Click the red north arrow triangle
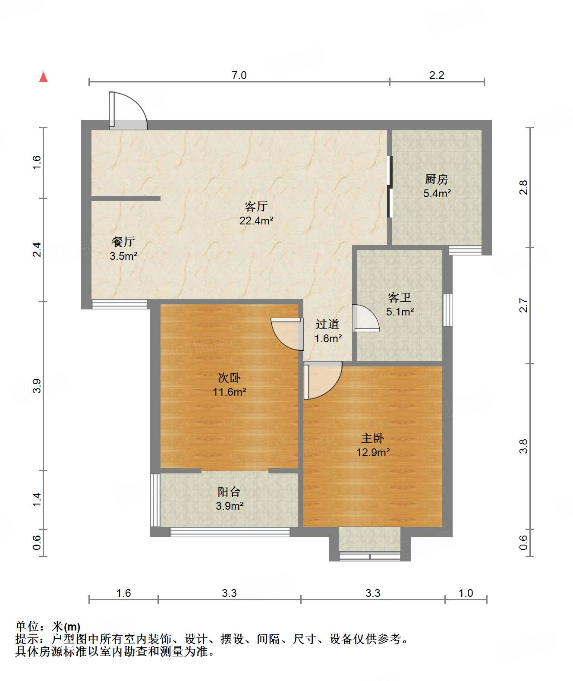point(43,77)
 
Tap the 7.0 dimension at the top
point(239,75)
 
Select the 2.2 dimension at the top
point(436,75)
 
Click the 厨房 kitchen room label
point(436,179)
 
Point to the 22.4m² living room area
point(256,221)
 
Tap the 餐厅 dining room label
point(123,242)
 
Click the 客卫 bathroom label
point(399,297)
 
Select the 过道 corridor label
point(327,324)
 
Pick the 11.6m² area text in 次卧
point(229,392)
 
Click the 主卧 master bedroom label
point(373,438)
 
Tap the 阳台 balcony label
point(229,492)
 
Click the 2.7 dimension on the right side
point(523,305)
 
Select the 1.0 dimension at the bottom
point(466,593)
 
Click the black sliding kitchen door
point(390,186)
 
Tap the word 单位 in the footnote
point(27,626)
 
